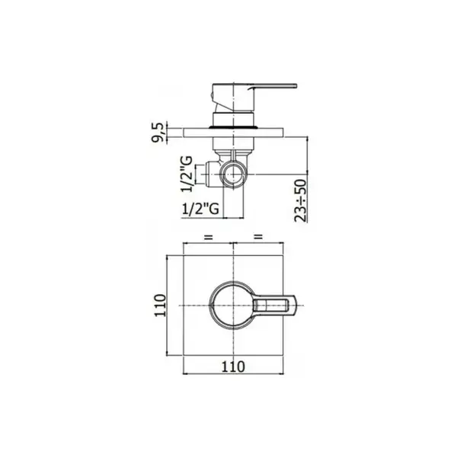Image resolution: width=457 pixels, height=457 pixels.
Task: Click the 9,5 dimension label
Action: click(158, 133)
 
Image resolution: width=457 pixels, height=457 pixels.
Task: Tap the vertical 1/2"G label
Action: click(187, 174)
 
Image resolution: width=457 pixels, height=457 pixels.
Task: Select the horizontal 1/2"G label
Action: click(200, 209)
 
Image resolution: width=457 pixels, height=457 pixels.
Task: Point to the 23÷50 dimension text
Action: click(301, 200)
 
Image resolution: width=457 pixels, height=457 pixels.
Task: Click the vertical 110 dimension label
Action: click(160, 305)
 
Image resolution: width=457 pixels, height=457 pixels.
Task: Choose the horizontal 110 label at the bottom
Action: click(233, 366)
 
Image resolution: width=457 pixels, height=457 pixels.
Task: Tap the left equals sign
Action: click(208, 237)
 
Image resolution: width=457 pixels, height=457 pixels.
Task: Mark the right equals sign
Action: click(258, 237)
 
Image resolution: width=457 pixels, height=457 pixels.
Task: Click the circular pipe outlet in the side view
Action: click(234, 174)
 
